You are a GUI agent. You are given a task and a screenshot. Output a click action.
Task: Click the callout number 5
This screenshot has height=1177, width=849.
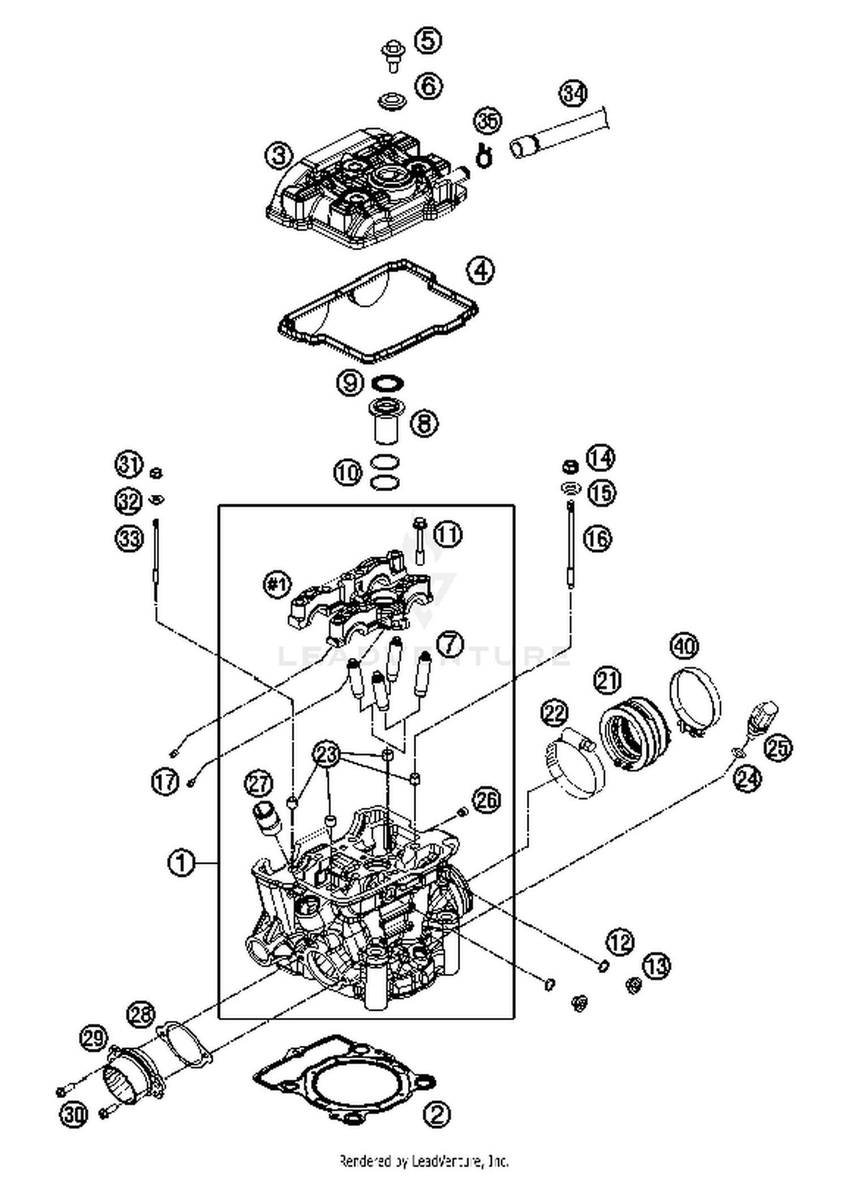[x=428, y=40]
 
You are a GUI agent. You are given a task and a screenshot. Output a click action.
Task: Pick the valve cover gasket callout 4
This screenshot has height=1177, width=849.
[x=480, y=271]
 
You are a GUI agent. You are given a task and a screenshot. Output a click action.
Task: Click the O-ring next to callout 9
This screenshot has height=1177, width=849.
[x=388, y=384]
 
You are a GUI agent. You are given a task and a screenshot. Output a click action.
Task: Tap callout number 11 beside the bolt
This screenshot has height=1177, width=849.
[x=448, y=534]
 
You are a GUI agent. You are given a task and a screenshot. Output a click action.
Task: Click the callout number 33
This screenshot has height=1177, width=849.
[x=129, y=538]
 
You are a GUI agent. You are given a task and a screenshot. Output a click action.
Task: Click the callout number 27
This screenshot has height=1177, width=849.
[x=259, y=785]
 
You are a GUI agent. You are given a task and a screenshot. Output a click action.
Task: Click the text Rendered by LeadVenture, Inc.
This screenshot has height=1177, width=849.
[x=424, y=1162]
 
